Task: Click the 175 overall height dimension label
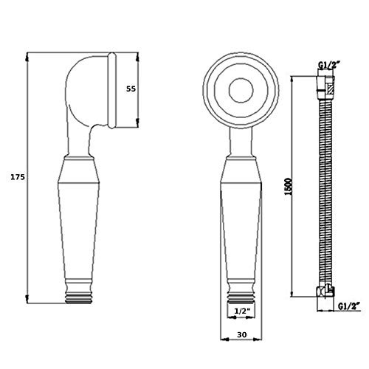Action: click(x=18, y=177)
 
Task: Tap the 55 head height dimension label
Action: click(x=131, y=89)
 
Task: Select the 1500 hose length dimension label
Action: click(x=289, y=187)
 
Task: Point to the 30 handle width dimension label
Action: click(x=242, y=334)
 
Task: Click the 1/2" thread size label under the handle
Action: click(x=242, y=311)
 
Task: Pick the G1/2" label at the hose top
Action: click(x=329, y=65)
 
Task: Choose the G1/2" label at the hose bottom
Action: click(x=349, y=306)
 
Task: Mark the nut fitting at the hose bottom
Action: click(x=325, y=292)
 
